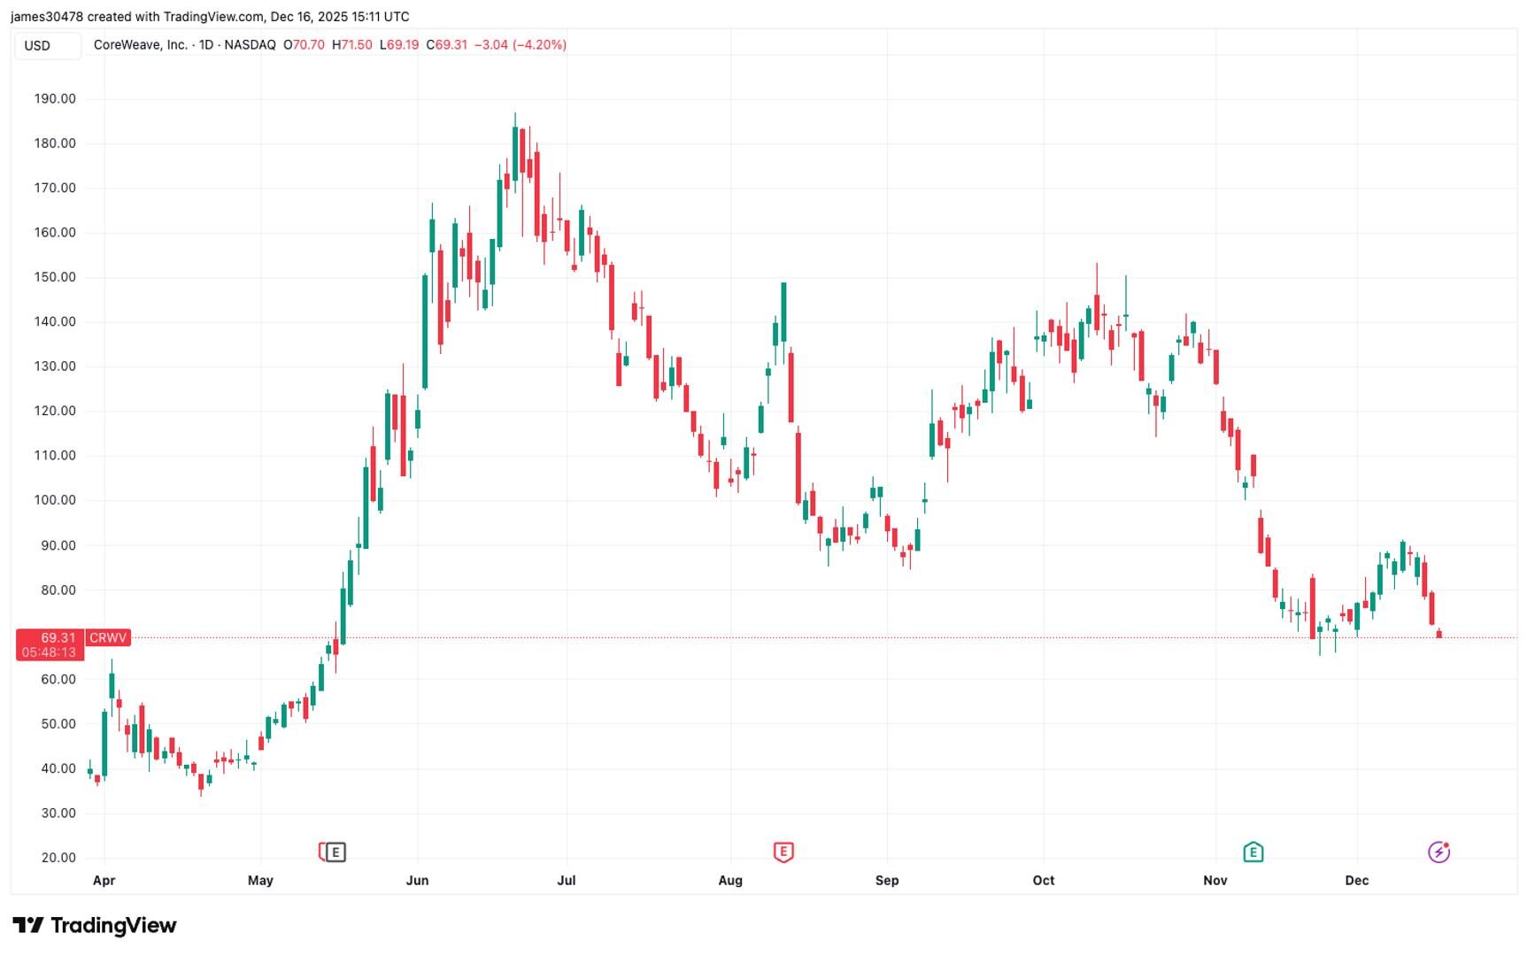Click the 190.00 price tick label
tap(55, 99)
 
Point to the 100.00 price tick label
tap(55, 500)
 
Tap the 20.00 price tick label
tap(55, 858)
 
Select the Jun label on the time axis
tap(417, 881)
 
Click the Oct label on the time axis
tap(1044, 881)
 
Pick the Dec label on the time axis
tap(1356, 881)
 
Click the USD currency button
tap(37, 45)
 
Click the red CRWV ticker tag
tap(108, 637)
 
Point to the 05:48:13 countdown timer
tap(50, 652)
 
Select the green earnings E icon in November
tap(1253, 852)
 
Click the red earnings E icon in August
tap(783, 852)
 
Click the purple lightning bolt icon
tap(1438, 852)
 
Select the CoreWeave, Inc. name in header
tap(140, 45)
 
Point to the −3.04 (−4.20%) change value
tap(521, 45)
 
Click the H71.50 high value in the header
tap(352, 45)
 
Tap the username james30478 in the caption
tap(46, 17)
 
